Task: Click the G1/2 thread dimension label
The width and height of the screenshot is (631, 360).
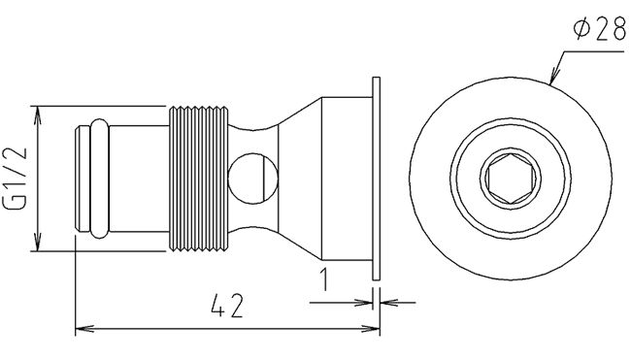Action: tap(15, 179)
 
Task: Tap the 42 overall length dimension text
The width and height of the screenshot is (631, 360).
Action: tap(227, 306)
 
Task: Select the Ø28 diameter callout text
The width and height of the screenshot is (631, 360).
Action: tap(600, 29)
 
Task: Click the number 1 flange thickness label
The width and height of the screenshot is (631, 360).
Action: tap(324, 279)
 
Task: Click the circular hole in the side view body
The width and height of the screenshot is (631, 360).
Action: tap(252, 179)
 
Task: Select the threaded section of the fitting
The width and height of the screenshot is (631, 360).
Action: tap(198, 179)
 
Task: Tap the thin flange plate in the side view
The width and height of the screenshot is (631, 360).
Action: tap(376, 179)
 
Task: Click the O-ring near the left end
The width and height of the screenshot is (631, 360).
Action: tap(99, 179)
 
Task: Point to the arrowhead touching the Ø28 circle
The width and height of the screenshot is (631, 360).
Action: tap(554, 77)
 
